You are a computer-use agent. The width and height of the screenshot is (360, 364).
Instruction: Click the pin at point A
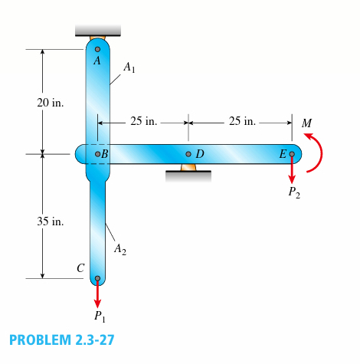click(97, 49)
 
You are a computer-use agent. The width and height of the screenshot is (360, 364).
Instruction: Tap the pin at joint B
click(97, 154)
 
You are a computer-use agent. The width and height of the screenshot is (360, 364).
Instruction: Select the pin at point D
click(188, 154)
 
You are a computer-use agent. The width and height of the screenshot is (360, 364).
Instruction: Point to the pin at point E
click(291, 154)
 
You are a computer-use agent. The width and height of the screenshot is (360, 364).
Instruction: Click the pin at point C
click(97, 279)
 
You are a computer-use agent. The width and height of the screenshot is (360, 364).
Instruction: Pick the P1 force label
click(99, 316)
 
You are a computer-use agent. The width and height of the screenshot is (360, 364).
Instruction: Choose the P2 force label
click(294, 192)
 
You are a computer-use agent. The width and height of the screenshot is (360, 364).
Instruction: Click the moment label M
click(307, 122)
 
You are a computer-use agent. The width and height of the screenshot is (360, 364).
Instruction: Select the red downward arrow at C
click(97, 294)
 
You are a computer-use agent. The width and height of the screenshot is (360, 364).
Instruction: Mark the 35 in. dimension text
click(51, 221)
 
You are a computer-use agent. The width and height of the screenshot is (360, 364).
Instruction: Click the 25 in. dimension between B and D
click(143, 121)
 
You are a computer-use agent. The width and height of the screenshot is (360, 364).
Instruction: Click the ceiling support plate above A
click(97, 31)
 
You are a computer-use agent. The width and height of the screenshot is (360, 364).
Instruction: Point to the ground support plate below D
click(188, 175)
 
